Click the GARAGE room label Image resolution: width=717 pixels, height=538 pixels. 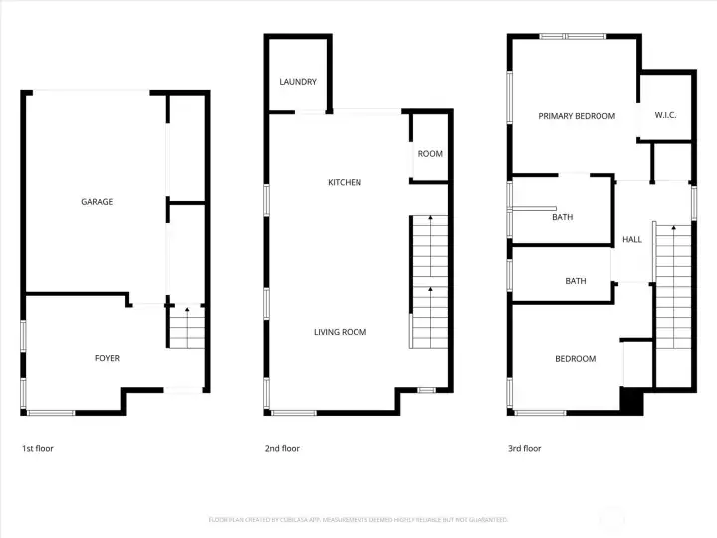tap(97, 202)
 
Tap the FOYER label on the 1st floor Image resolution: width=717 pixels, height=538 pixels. tap(107, 358)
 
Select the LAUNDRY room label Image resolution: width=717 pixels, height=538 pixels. tap(298, 82)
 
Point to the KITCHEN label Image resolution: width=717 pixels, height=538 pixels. tap(345, 183)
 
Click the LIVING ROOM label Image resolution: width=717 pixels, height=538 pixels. tap(341, 332)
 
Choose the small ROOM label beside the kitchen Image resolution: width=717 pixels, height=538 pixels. tap(430, 154)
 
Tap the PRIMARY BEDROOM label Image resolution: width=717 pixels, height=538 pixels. tap(577, 116)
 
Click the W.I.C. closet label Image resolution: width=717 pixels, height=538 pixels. tap(665, 116)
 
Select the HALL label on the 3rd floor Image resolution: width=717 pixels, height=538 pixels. tap(632, 240)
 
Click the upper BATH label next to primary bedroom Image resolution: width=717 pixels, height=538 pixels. tap(563, 217)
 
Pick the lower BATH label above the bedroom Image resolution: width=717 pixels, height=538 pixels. tap(576, 281)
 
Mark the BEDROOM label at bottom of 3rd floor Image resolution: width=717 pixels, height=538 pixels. tap(576, 359)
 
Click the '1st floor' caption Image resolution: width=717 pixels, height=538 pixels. tap(38, 449)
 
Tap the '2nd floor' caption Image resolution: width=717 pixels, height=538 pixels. tap(282, 449)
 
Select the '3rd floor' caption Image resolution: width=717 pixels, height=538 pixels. tap(525, 449)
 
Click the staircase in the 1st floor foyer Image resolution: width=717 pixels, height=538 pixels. tap(185, 327)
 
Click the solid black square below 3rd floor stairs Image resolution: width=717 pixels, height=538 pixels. tap(631, 401)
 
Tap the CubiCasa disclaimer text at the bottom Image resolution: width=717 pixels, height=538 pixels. tap(358, 520)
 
